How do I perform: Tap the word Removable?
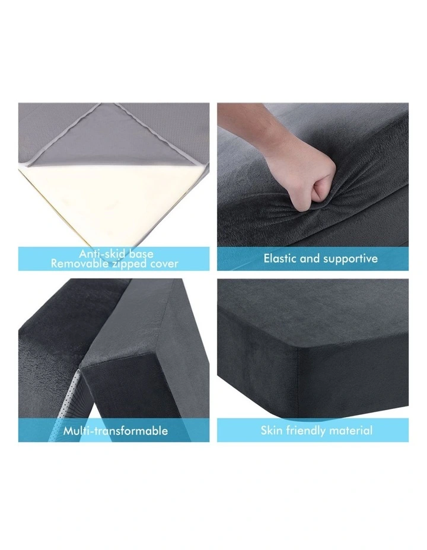click(x=77, y=263)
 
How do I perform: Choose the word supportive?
click(x=350, y=259)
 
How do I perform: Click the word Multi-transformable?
click(x=115, y=431)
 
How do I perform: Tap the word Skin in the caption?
click(x=272, y=430)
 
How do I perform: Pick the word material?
click(x=352, y=430)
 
